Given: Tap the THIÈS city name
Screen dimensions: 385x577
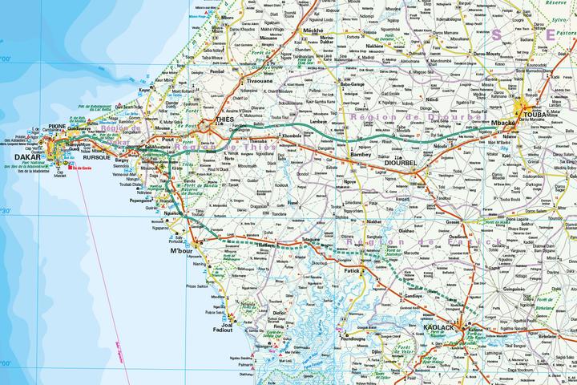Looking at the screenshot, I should (224, 120).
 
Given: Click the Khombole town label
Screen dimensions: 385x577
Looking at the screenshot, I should (292, 136).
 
